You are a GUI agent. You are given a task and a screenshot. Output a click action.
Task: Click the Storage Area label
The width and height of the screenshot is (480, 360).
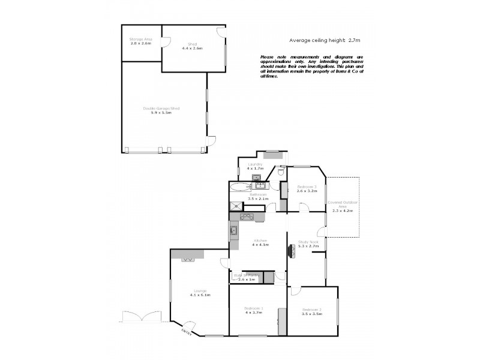point(141,39)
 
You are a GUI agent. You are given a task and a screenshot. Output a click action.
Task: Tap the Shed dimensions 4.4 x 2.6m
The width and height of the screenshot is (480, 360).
point(193,48)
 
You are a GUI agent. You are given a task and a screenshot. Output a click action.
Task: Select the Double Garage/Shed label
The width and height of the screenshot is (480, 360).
point(161,108)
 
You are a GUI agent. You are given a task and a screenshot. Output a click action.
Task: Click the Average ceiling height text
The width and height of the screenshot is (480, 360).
point(325,40)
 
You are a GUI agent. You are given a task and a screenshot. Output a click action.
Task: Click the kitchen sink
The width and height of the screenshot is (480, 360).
point(233,230)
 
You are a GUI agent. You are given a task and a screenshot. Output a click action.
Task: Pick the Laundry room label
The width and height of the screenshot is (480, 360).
point(254,164)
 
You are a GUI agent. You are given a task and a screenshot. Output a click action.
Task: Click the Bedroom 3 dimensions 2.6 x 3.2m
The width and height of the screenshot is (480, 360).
point(307,191)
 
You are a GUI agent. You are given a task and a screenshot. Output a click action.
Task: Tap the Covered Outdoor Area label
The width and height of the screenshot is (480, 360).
point(343,205)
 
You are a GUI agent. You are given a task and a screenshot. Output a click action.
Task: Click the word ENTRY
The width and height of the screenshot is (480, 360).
point(187,332)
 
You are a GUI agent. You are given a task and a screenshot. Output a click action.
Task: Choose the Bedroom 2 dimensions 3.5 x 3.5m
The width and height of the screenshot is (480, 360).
point(312,314)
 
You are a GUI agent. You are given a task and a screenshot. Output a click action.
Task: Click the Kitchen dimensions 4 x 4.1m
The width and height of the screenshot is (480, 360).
point(260,245)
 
